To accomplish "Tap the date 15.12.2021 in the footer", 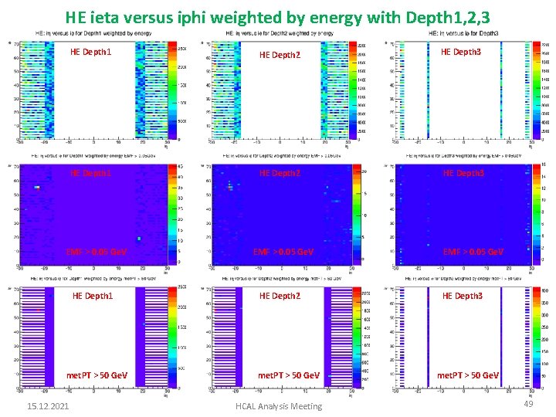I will pyautogui.click(x=48, y=405).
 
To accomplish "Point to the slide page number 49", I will pyautogui.click(x=528, y=404).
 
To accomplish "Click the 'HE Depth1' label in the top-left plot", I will pyautogui.click(x=90, y=53).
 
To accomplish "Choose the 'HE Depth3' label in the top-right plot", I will pyautogui.click(x=462, y=52).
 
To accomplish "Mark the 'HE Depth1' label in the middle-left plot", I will pyautogui.click(x=90, y=173).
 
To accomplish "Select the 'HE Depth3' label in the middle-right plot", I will pyautogui.click(x=462, y=173).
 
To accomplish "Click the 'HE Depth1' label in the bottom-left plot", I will pyautogui.click(x=92, y=296).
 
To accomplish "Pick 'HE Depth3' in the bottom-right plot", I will pyautogui.click(x=462, y=296).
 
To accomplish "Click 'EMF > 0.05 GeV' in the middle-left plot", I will pyautogui.click(x=97, y=252).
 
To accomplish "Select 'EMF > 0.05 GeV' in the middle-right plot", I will pyautogui.click(x=472, y=252).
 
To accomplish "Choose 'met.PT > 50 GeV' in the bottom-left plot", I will pyautogui.click(x=97, y=375).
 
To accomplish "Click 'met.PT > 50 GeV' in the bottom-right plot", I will pyautogui.click(x=467, y=375).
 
